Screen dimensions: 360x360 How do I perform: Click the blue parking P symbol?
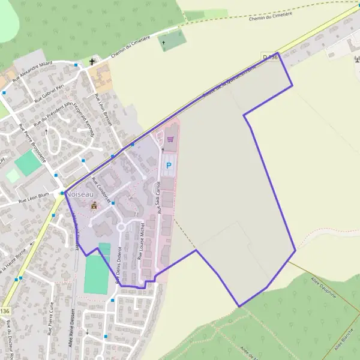tap(169, 165)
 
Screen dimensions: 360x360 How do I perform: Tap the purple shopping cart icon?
tap(170, 139)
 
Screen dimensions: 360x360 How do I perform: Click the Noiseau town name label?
tap(81, 194)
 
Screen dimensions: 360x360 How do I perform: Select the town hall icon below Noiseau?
tap(94, 206)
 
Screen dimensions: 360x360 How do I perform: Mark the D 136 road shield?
tap(270, 57)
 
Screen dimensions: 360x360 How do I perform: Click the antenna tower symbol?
tap(354, 59)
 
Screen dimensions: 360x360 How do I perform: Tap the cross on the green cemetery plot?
tap(163, 43)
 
